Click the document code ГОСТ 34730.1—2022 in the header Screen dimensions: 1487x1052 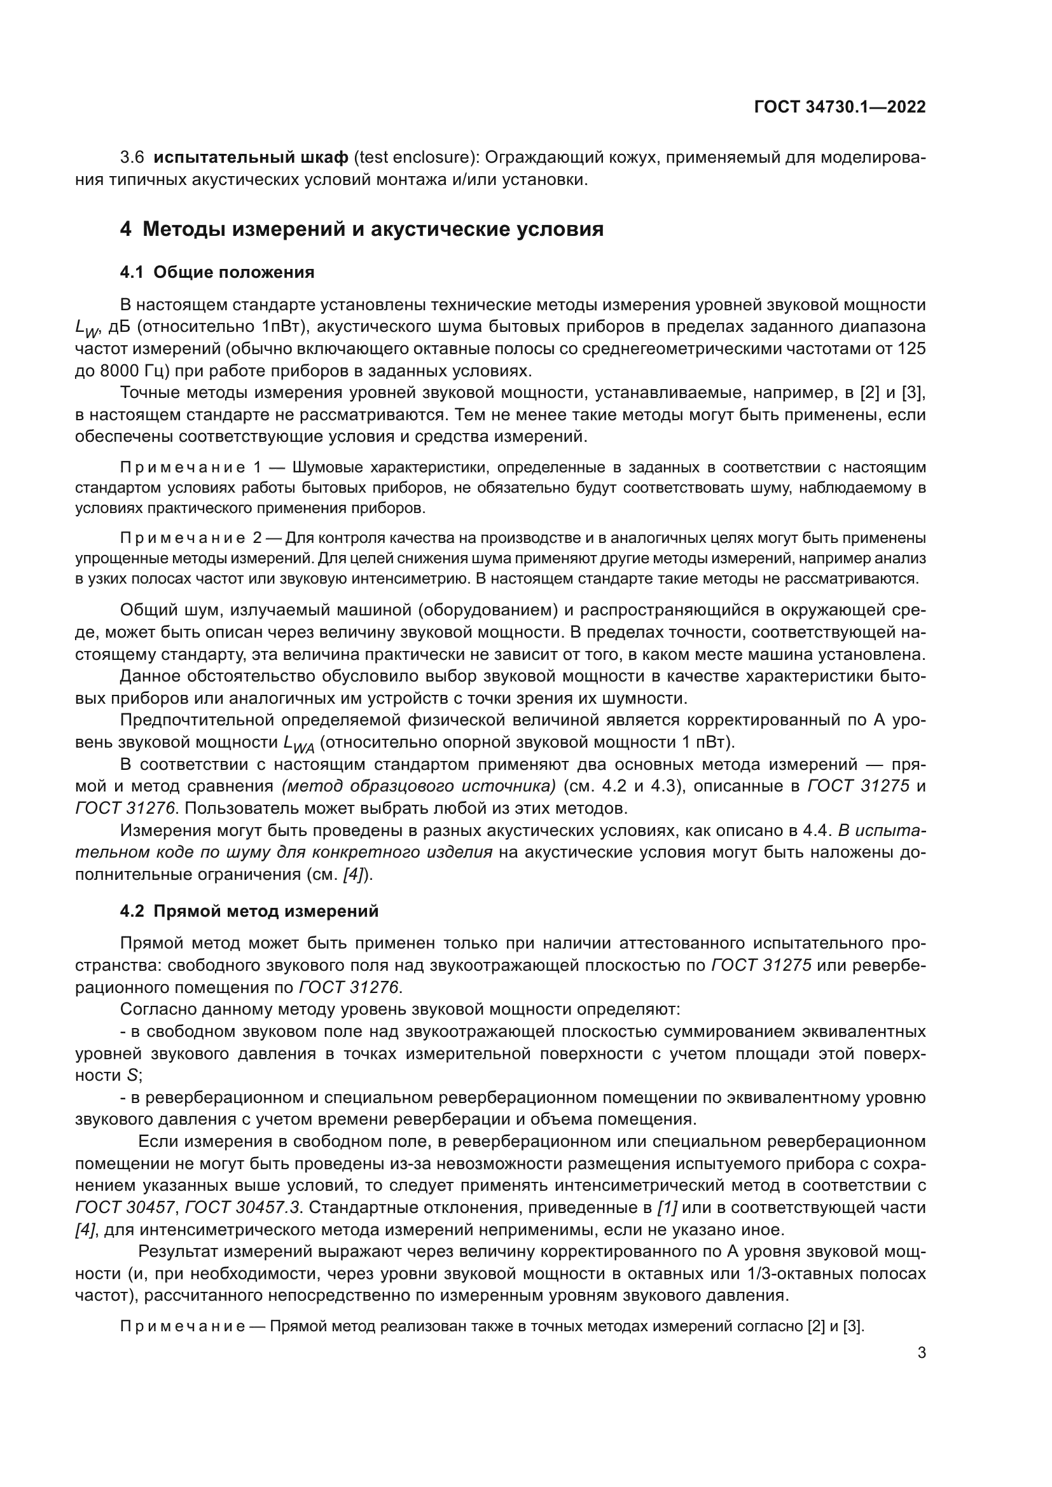pyautogui.click(x=840, y=107)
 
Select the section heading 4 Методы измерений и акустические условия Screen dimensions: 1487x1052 pyautogui.click(x=361, y=230)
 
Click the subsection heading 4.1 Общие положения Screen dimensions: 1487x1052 pyautogui.click(x=217, y=272)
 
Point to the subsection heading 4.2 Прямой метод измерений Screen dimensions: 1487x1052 pyautogui.click(x=249, y=911)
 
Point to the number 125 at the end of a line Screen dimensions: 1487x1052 pyautogui.click(x=911, y=349)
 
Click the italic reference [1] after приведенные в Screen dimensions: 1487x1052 pyautogui.click(x=667, y=1208)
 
